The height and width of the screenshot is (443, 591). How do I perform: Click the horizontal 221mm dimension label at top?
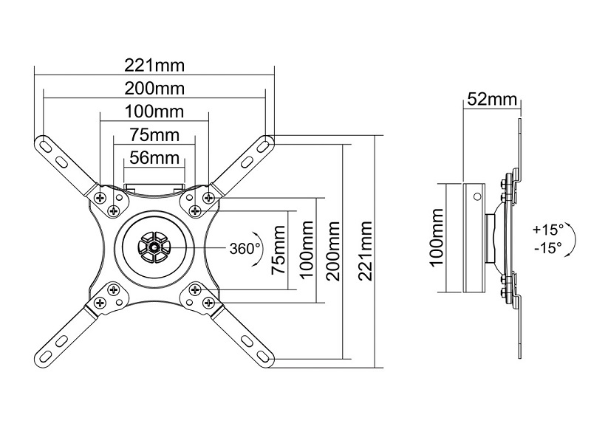(x=155, y=66)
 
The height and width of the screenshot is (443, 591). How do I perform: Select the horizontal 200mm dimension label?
(x=155, y=89)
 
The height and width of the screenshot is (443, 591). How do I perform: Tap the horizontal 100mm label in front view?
(x=155, y=112)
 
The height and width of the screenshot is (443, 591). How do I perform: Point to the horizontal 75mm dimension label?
(x=154, y=135)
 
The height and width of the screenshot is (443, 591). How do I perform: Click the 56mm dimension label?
(x=154, y=157)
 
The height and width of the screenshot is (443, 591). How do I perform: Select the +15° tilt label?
(x=547, y=230)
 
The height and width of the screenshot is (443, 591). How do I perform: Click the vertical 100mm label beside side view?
(x=437, y=238)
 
